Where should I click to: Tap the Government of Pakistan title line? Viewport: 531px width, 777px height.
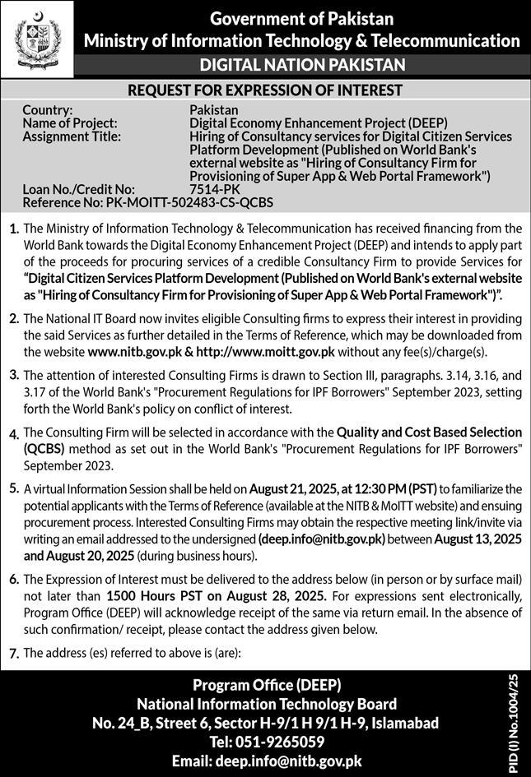(x=301, y=18)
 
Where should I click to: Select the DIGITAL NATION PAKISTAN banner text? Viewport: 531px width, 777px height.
(x=301, y=64)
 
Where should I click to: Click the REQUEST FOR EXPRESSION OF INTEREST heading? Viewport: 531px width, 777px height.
(x=265, y=90)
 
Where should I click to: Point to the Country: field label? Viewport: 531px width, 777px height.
(x=48, y=109)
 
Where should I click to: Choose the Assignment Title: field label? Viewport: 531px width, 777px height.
(x=72, y=136)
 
